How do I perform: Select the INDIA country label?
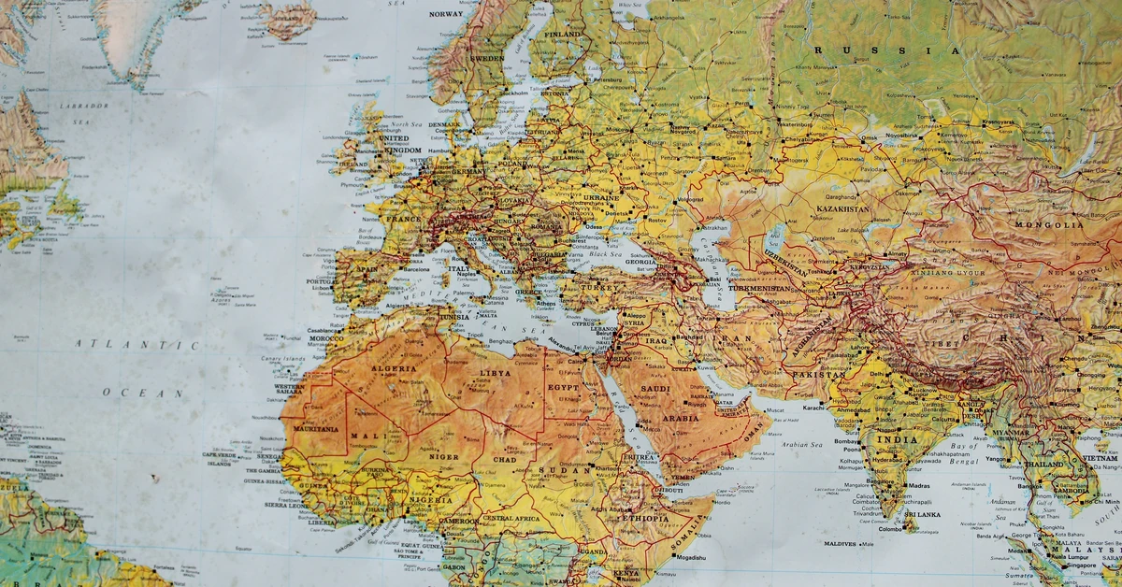tap(897, 439)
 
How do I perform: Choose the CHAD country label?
tap(505, 460)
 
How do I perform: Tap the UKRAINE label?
tap(600, 198)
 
